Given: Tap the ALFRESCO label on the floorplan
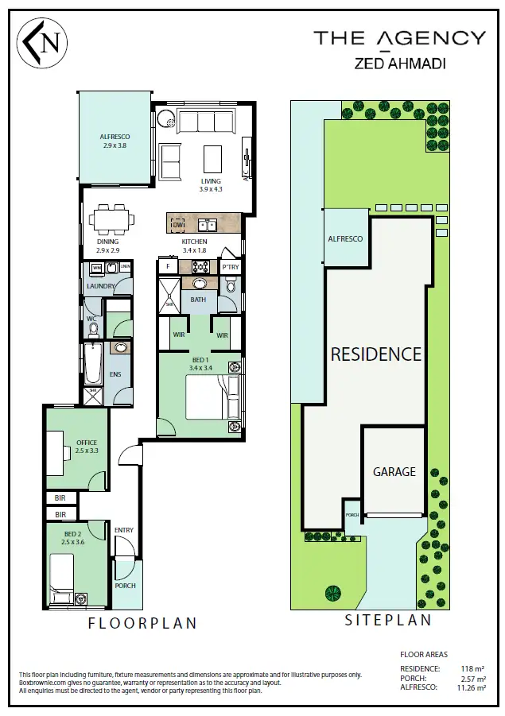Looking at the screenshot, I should tap(115, 137).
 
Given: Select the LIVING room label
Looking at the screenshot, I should tap(211, 181).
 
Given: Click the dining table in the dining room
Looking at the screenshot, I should tap(111, 218).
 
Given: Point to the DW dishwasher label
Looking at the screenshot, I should tap(177, 225).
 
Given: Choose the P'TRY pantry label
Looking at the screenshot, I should tap(230, 267).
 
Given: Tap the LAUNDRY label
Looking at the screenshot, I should tap(102, 286).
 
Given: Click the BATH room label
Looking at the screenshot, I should tap(198, 300).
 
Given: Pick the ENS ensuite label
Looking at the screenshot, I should tap(115, 373).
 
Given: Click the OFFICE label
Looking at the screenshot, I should tap(86, 443).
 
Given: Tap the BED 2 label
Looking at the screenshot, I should tap(72, 533).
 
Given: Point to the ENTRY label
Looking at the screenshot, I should tap(124, 530).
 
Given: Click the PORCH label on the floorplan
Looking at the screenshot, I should tap(125, 586).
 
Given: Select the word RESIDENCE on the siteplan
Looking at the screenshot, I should tap(375, 354).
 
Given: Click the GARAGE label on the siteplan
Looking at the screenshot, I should tap(394, 471).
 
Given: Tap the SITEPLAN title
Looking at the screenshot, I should tap(387, 621).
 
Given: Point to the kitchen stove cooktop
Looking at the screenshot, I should tap(200, 267).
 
